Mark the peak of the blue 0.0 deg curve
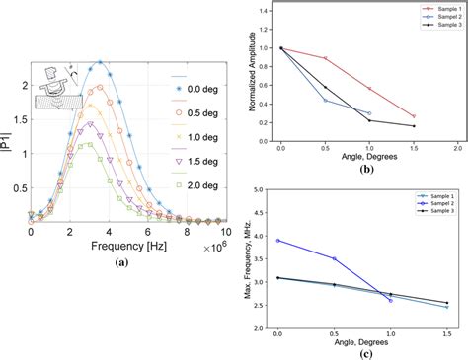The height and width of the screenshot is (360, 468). (x=100, y=61)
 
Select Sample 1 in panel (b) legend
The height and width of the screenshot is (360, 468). (x=431, y=11)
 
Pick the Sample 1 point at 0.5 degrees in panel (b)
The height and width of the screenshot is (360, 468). (x=325, y=58)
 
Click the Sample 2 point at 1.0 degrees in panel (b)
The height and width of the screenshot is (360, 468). (x=369, y=113)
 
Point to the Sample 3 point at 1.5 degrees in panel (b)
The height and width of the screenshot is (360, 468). (x=414, y=126)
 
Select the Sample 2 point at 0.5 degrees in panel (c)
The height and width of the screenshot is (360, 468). (x=335, y=258)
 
